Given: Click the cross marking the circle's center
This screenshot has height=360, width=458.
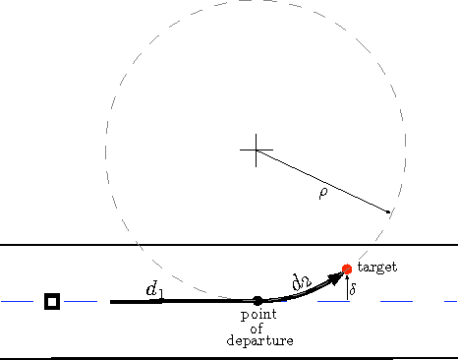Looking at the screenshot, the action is point(257,150).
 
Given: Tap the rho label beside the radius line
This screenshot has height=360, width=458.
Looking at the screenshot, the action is point(323,194).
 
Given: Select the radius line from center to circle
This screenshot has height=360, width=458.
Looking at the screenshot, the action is point(324,181).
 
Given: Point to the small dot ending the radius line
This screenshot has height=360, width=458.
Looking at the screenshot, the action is point(390,210).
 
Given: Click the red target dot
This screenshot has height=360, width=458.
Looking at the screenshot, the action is point(347,269).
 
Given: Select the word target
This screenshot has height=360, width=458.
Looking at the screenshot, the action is point(378,268).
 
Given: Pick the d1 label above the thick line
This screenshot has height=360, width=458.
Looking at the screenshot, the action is point(153,290).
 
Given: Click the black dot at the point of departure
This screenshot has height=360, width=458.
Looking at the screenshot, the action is point(258,301).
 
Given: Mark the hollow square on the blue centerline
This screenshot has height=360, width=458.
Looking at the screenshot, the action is point(52,301).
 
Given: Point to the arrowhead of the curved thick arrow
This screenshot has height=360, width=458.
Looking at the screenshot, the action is point(338,276).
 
